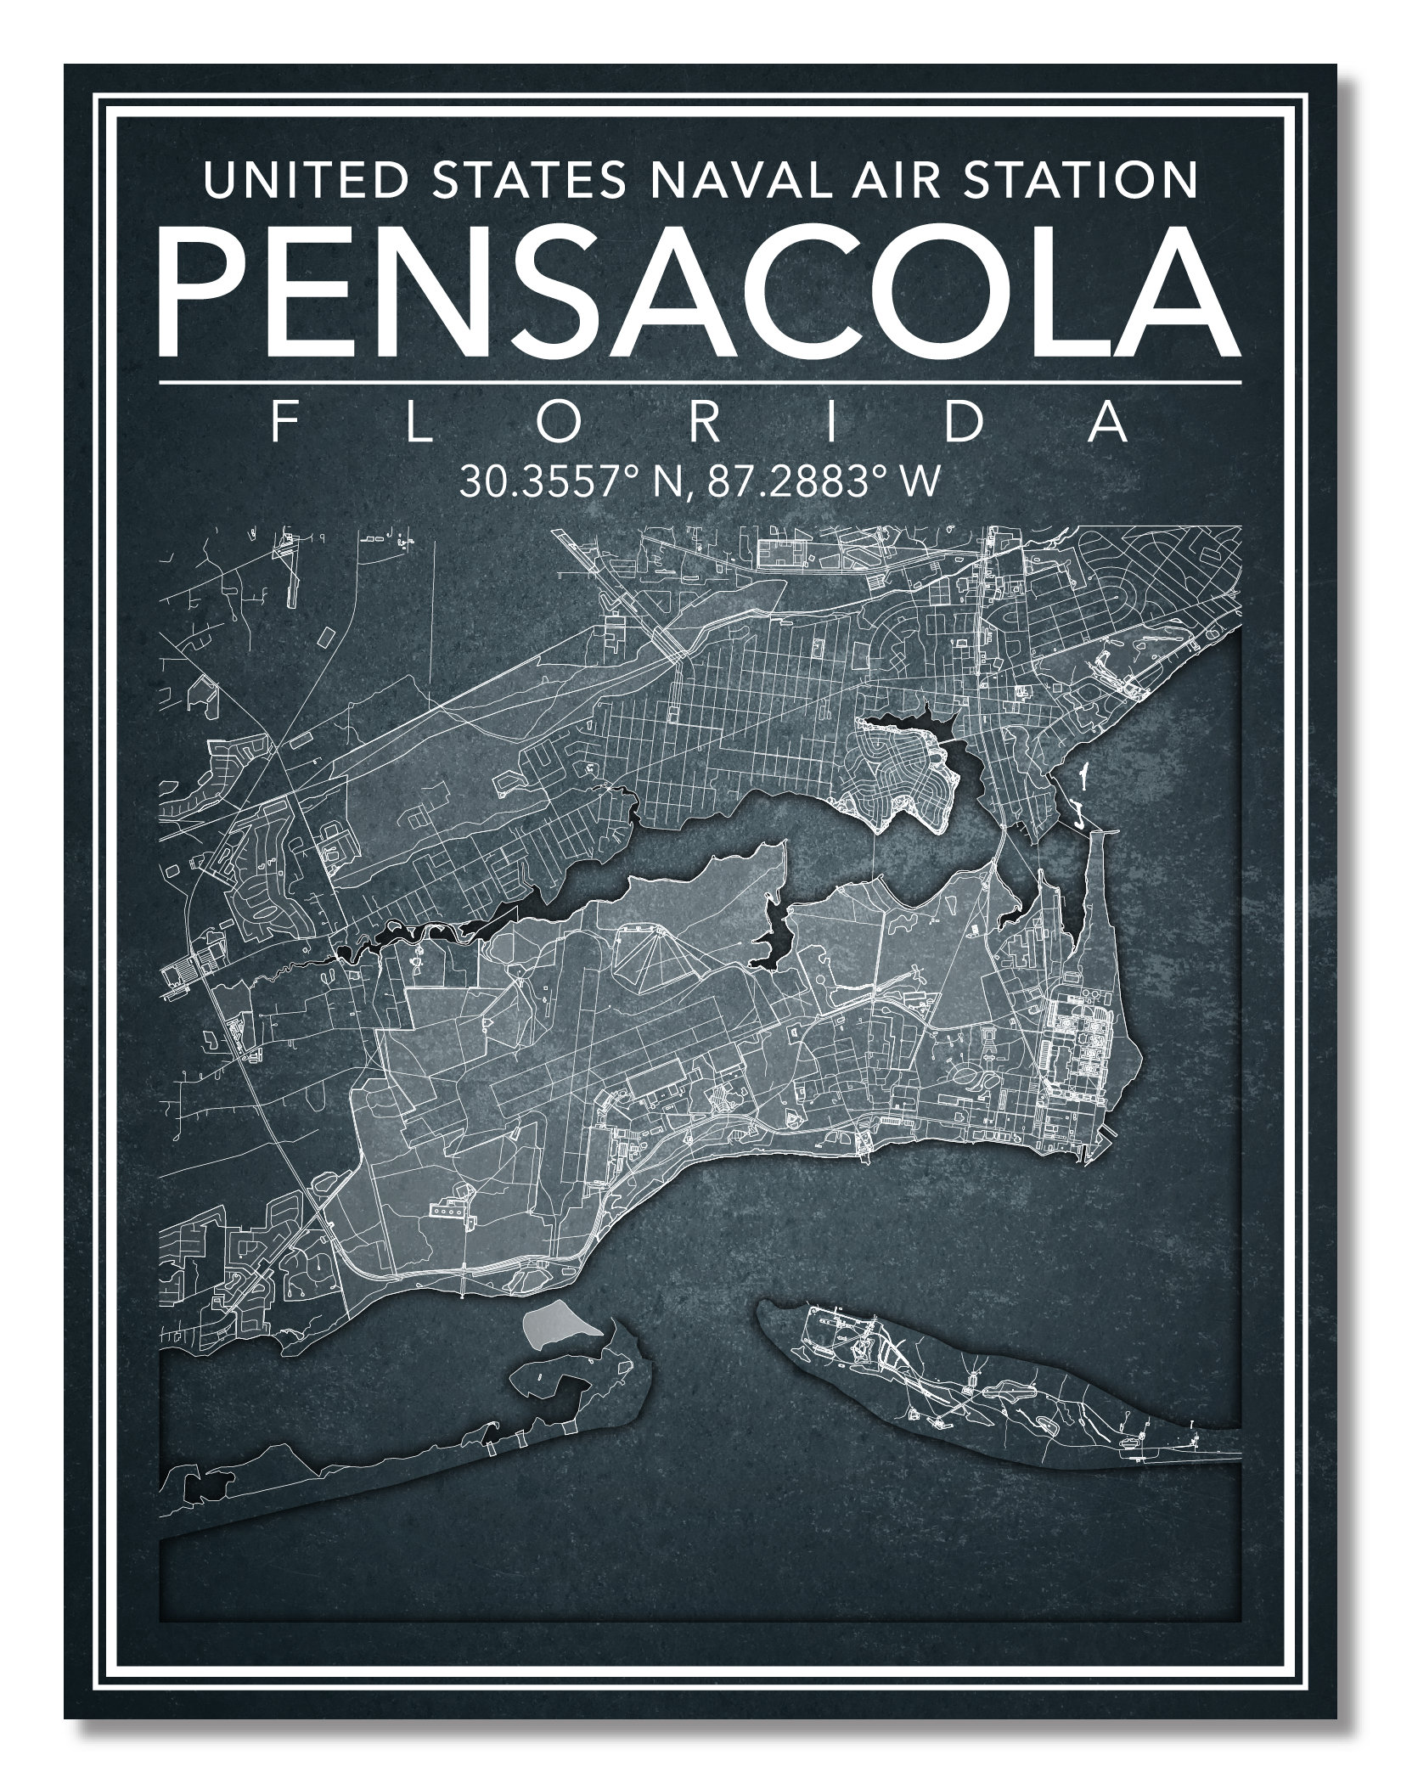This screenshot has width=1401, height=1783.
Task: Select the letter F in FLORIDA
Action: [284, 423]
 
